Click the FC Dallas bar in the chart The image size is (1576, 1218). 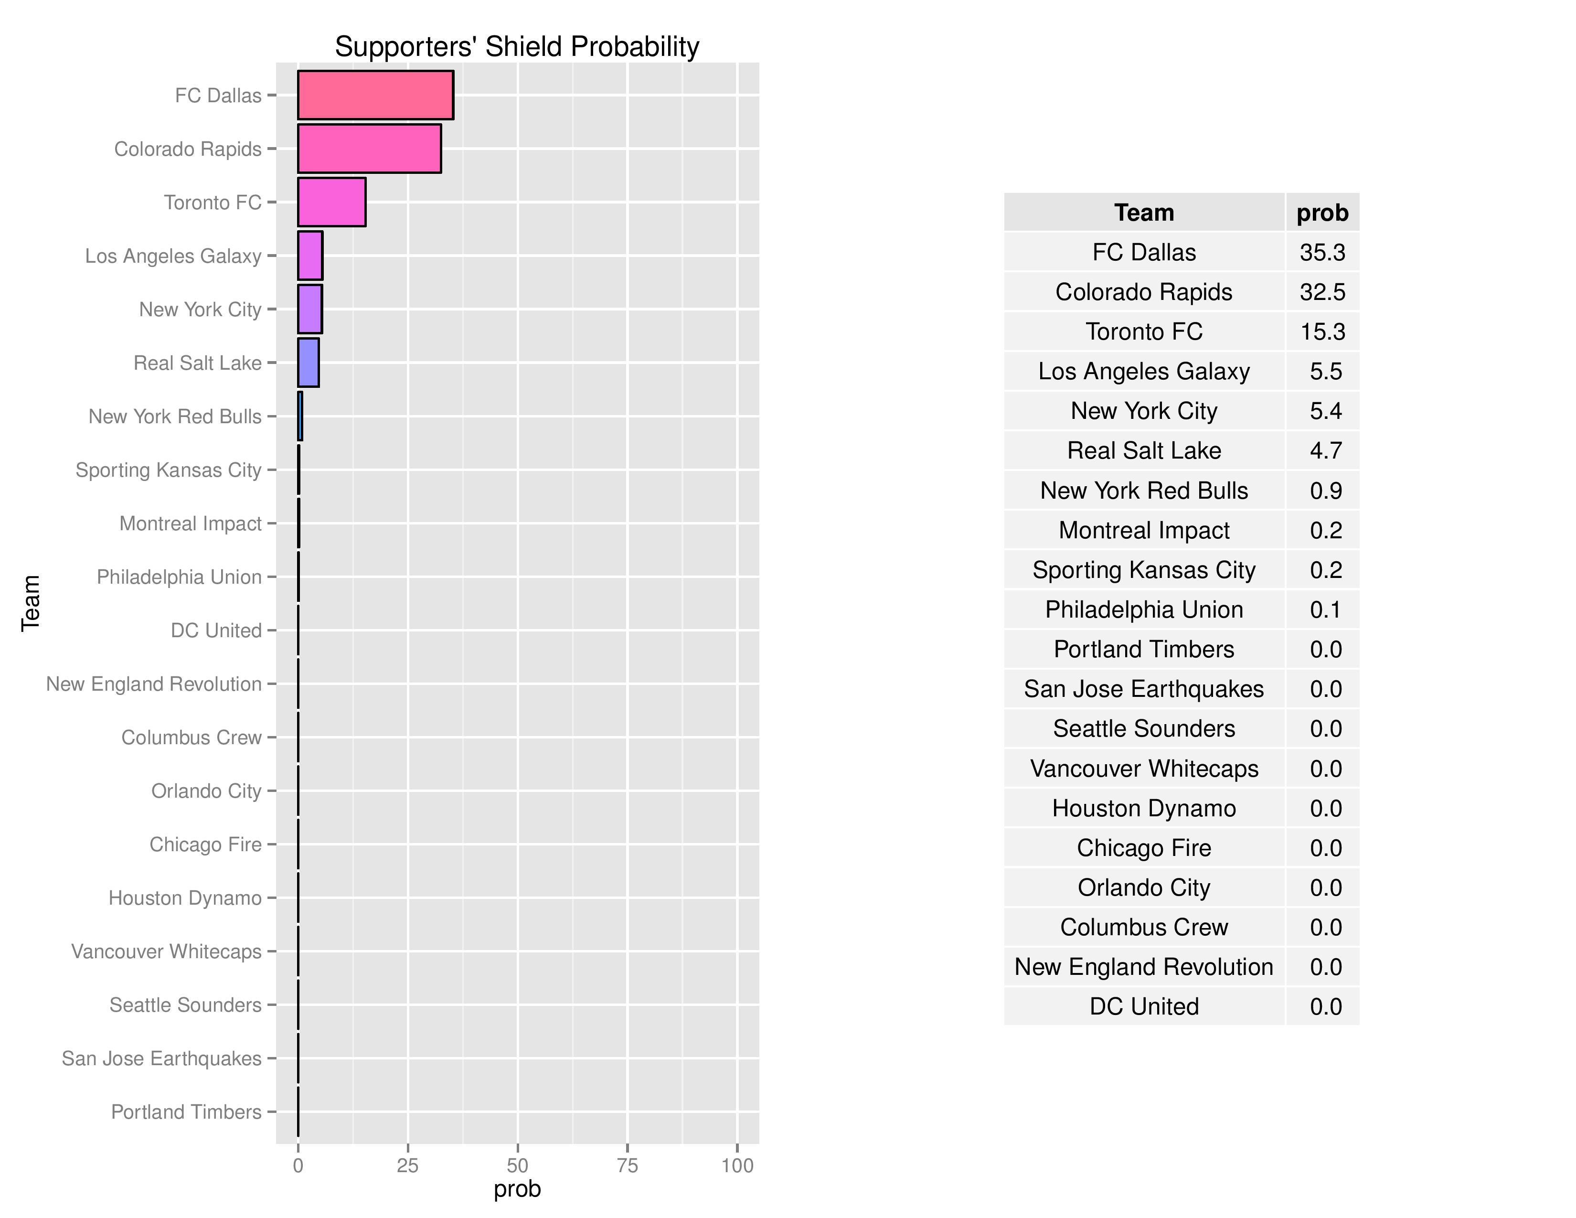click(375, 95)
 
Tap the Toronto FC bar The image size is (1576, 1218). click(331, 202)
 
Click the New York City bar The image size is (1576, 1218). click(309, 310)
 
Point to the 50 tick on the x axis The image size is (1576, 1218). click(517, 1165)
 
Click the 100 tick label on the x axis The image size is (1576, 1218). click(737, 1165)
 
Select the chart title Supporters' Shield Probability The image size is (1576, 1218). click(517, 47)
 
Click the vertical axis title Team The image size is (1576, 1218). click(30, 603)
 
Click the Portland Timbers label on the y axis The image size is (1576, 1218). click(186, 1112)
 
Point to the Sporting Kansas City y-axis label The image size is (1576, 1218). click(168, 470)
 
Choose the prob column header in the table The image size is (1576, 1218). click(1322, 213)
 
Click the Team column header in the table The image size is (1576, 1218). click(1144, 213)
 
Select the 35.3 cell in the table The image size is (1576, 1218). click(1322, 253)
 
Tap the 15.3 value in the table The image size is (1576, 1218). click(1322, 332)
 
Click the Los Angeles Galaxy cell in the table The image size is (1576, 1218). click(1144, 372)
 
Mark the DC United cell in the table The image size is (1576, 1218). click(1144, 1006)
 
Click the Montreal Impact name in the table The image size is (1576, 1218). click(1144, 530)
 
